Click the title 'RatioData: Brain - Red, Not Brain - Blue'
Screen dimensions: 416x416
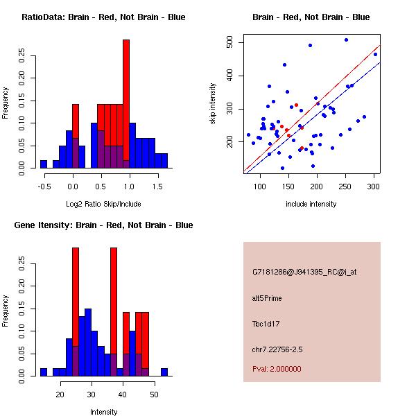pos(103,17)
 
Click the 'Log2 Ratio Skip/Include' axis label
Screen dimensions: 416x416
pos(103,205)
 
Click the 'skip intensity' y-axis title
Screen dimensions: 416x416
pos(213,104)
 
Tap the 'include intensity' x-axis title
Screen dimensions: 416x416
pos(311,205)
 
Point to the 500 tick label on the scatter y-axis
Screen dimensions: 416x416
pos(229,43)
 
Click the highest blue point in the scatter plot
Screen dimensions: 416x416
pos(346,40)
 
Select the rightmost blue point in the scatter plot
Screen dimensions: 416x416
pos(375,54)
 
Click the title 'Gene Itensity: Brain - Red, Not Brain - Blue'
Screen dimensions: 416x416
pos(103,225)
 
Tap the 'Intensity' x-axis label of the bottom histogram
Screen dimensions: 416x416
pos(103,413)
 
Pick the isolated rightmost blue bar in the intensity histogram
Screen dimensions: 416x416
pos(164,372)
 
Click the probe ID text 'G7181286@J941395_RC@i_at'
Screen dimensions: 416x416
pos(304,272)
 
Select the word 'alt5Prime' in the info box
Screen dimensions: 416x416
pos(267,298)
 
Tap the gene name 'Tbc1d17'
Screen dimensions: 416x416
pos(266,323)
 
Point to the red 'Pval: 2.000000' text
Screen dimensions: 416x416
pos(277,370)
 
